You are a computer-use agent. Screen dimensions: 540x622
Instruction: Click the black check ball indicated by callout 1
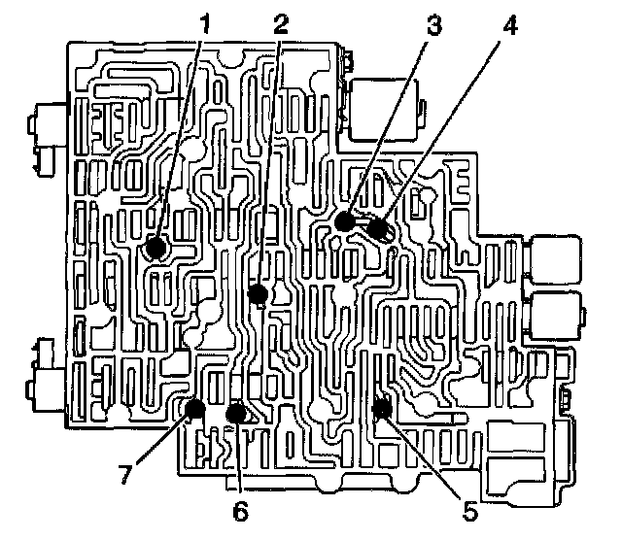point(155,248)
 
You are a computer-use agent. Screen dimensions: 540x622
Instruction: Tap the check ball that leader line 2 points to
point(258,292)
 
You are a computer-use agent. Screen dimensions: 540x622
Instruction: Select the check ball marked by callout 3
point(343,221)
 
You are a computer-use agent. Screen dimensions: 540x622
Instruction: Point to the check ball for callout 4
point(377,230)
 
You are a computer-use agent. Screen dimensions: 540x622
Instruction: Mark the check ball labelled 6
point(234,414)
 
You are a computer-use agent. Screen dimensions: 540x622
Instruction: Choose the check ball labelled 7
point(196,408)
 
